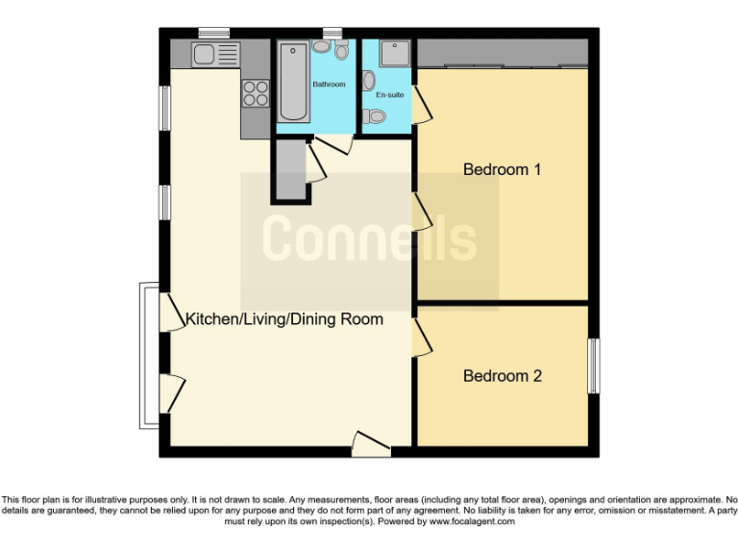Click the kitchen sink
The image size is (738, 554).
[213, 54]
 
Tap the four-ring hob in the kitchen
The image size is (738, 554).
[255, 92]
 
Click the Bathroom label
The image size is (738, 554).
[329, 85]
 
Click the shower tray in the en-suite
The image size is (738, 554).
[395, 53]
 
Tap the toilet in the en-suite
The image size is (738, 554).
[376, 117]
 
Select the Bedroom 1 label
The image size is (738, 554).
[502, 169]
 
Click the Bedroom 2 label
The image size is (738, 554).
[502, 376]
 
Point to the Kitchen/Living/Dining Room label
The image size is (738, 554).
[283, 319]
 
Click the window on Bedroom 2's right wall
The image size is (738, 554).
[593, 365]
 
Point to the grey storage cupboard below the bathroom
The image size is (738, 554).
[291, 169]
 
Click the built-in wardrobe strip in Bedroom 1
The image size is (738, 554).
[502, 54]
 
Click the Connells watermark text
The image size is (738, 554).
[369, 238]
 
